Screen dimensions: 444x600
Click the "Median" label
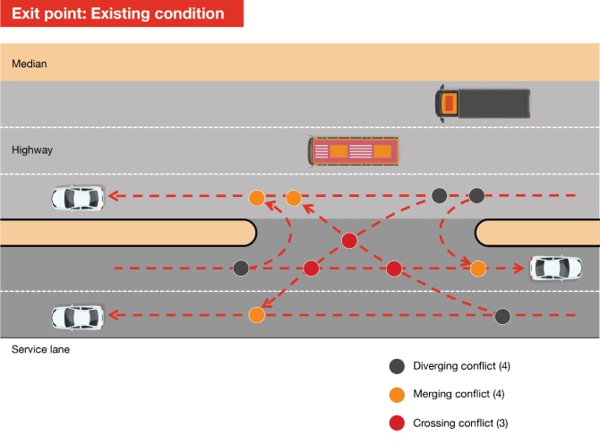[30, 64]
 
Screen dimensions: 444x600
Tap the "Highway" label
[32, 150]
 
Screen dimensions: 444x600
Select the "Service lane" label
[40, 349]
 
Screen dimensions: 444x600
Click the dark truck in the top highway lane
[483, 102]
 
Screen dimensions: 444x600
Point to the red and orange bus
[354, 150]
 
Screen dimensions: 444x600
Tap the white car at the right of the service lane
[556, 268]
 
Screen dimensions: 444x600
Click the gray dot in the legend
[397, 366]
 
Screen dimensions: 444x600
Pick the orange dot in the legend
[397, 395]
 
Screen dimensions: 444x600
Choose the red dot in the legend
[397, 423]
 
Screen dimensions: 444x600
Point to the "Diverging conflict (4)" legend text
[462, 366]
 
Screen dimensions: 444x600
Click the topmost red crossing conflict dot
[350, 240]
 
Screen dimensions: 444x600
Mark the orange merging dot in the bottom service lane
[257, 315]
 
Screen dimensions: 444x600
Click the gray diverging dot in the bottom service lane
[502, 315]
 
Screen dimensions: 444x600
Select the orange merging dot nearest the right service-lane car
[478, 268]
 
